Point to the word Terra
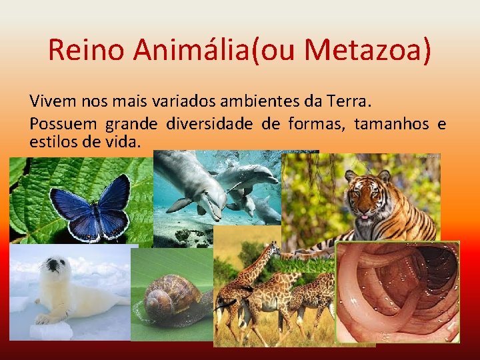(x=346, y=102)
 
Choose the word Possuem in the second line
(x=63, y=124)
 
